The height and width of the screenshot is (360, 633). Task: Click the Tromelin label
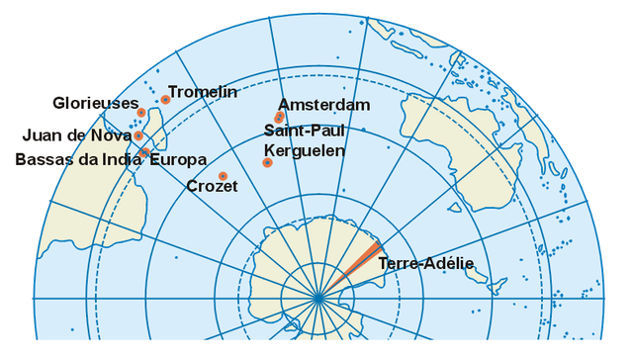tap(203, 92)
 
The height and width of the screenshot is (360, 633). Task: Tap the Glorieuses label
tap(95, 103)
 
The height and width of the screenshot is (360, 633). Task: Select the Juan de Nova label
tap(76, 135)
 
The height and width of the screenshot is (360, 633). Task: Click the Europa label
tap(178, 159)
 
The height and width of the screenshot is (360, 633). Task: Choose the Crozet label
tap(212, 186)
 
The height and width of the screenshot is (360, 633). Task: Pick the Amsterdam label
tap(323, 105)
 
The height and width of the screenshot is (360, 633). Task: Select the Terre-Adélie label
tap(426, 263)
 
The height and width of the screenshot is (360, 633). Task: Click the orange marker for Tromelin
tap(165, 99)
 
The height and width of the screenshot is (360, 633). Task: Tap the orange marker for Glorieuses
tap(141, 112)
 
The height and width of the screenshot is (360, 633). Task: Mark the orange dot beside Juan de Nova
tap(138, 135)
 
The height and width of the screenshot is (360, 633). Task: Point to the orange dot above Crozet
tap(223, 175)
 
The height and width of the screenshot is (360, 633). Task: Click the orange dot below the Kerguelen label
tap(267, 162)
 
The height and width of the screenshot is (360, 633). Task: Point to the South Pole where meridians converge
tap(318, 298)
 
